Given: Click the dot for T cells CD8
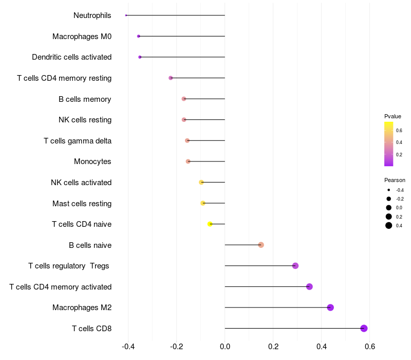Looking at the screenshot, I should click(364, 328).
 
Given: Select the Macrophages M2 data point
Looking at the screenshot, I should click(330, 308).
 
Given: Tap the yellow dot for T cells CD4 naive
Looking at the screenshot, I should click(210, 224).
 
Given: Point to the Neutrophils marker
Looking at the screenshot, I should click(126, 15).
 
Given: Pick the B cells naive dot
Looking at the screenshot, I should click(261, 245).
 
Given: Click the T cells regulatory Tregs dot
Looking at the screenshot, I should click(295, 266).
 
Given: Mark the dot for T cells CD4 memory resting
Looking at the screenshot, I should click(171, 78).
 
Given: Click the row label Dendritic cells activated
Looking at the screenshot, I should click(71, 57).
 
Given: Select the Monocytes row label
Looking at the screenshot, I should click(92, 161).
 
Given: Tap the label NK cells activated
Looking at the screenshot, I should click(81, 183).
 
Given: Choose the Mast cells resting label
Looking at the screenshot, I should click(82, 203).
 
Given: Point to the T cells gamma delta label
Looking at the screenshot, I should click(78, 140).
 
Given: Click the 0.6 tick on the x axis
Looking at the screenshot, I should click(369, 346).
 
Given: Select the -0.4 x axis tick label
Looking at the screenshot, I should click(128, 346).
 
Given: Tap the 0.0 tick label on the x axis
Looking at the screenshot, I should click(225, 346).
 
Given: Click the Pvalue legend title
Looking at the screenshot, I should click(393, 116).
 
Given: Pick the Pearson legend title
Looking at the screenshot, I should click(395, 180).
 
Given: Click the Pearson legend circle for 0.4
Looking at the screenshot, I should click(389, 225).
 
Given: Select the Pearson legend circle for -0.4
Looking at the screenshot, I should click(389, 190).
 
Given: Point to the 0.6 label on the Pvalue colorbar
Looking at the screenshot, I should click(399, 130).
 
